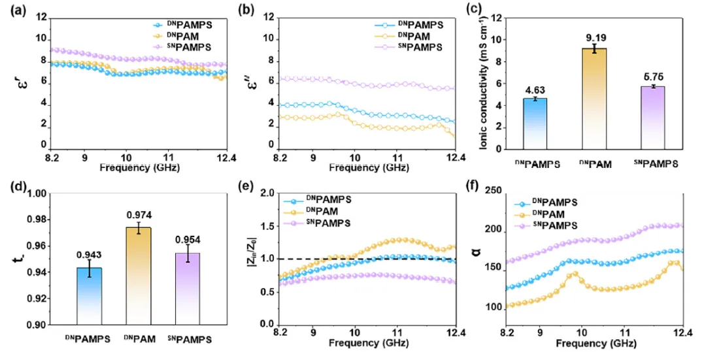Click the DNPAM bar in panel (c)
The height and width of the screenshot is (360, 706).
click(x=595, y=98)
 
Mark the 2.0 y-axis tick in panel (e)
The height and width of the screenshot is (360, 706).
click(x=266, y=193)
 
